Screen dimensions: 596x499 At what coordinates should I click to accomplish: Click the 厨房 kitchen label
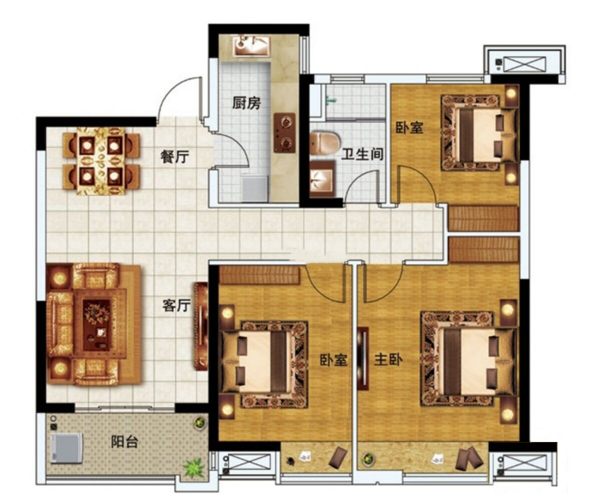point(246,103)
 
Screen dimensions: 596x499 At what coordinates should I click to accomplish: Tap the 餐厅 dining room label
point(175,156)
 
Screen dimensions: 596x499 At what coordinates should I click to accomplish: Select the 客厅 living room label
point(176,305)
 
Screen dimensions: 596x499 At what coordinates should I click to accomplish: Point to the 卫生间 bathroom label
point(362,154)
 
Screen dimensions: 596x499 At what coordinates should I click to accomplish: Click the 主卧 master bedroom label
point(388,359)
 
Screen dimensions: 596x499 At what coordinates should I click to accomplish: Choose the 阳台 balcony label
point(125,441)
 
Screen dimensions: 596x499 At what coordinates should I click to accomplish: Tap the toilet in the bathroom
point(324,143)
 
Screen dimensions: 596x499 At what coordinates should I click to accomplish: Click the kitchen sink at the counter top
point(251,46)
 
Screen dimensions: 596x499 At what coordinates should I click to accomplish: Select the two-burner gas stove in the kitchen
point(285,132)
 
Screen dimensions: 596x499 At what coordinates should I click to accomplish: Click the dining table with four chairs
point(101,161)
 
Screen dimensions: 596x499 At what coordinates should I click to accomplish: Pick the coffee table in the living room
point(97,324)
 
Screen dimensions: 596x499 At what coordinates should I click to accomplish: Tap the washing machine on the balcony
point(67,448)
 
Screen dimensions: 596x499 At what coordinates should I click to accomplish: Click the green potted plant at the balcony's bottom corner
point(194,468)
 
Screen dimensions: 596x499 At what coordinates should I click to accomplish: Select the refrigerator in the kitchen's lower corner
point(255,188)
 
